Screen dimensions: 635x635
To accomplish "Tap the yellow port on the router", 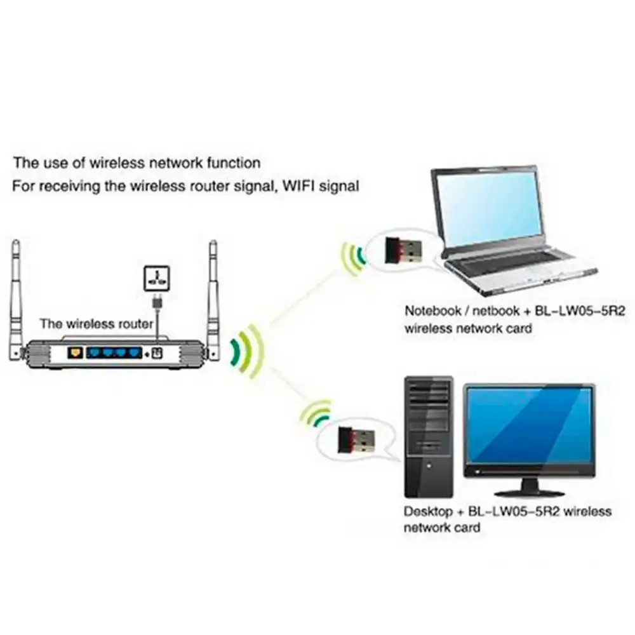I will [77, 351].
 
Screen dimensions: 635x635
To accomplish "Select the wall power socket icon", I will [156, 277].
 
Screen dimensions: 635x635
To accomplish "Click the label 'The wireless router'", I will [97, 324].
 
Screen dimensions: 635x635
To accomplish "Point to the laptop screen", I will [488, 206].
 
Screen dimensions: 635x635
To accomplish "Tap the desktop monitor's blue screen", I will [530, 425].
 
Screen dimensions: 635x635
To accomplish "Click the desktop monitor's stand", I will [529, 486].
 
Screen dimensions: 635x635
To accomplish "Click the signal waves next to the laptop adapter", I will [352, 257].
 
